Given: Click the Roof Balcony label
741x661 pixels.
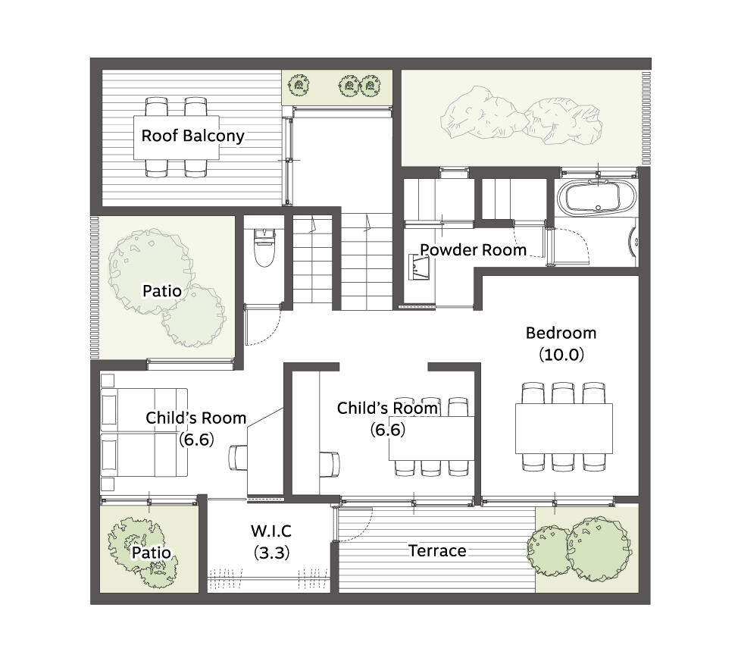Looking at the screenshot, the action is [192, 136].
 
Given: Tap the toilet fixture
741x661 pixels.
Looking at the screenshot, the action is [264, 248].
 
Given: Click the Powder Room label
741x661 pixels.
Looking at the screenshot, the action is [473, 249].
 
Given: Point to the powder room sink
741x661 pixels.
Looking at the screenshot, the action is [419, 268].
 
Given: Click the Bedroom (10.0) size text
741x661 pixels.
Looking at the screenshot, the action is [561, 355].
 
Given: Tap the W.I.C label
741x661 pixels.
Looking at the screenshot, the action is [271, 531].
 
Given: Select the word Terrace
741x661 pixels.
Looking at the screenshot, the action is [437, 551].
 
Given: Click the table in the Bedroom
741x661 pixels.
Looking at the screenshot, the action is [564, 428].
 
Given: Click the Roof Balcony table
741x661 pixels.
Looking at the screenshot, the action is [177, 138].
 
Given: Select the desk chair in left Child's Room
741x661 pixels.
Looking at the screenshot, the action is [238, 458].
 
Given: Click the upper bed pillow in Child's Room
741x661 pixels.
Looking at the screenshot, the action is [108, 410].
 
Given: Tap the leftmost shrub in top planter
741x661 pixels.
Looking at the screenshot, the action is [299, 86].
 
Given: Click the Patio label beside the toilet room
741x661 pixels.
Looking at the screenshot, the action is [162, 291].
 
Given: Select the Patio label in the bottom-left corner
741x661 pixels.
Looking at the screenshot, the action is [152, 553].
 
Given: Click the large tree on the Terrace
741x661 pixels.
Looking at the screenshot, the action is [599, 549].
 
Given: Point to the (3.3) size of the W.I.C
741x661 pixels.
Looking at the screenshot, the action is [272, 553].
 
